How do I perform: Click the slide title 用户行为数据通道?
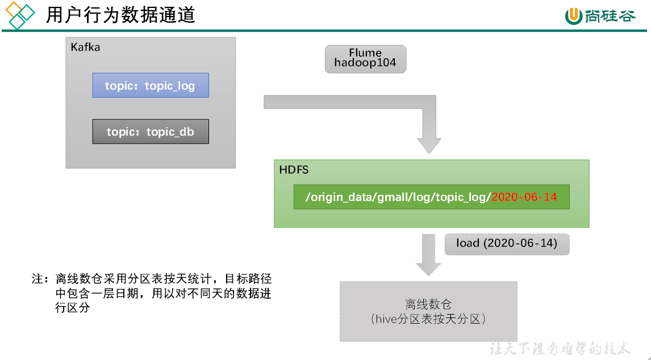pyautogui.click(x=120, y=15)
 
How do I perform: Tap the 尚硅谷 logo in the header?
pyautogui.click(x=600, y=16)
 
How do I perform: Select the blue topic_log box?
pyautogui.click(x=151, y=86)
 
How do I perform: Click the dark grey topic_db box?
pyautogui.click(x=151, y=132)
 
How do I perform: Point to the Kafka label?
pyautogui.click(x=85, y=47)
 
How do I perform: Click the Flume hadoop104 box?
pyautogui.click(x=365, y=59)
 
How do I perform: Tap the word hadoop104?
pyautogui.click(x=365, y=64)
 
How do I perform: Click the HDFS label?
pyautogui.click(x=294, y=170)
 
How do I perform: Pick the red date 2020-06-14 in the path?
pyautogui.click(x=524, y=197)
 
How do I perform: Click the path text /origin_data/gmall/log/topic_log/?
pyautogui.click(x=398, y=197)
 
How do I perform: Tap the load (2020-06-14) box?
pyautogui.click(x=507, y=244)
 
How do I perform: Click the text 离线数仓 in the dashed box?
pyautogui.click(x=428, y=305)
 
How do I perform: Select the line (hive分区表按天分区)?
pyautogui.click(x=428, y=319)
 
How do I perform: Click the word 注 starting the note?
pyautogui.click(x=37, y=279)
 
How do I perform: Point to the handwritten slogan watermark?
pyautogui.click(x=560, y=348)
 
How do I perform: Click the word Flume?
pyautogui.click(x=365, y=53)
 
